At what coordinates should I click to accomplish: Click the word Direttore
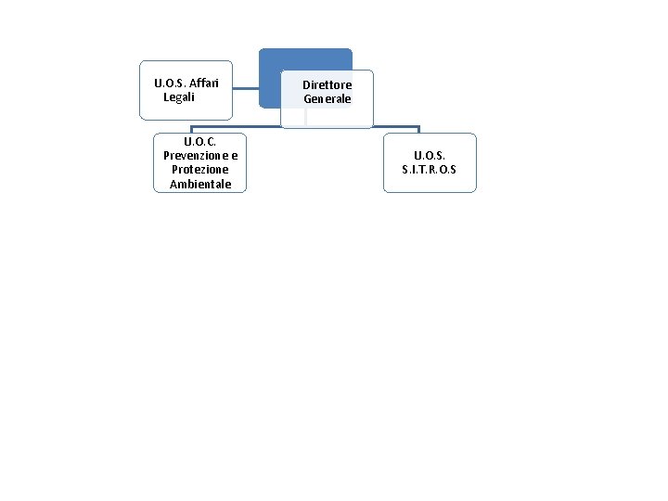[x=327, y=84]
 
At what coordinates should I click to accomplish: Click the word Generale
[x=327, y=98]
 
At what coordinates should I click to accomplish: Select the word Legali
[x=178, y=96]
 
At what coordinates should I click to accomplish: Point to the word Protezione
[x=199, y=170]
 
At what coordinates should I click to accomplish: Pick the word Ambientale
[x=199, y=185]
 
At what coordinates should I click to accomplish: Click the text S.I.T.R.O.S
[x=429, y=170]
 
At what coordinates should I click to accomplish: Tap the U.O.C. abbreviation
[x=199, y=141]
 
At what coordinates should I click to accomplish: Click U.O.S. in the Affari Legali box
[x=170, y=83]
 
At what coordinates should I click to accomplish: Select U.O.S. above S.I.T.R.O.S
[x=429, y=155]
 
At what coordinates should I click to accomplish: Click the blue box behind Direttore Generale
[x=305, y=58]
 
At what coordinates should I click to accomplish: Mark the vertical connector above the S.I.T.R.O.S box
[x=418, y=130]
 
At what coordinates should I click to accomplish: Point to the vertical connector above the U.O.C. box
[x=192, y=130]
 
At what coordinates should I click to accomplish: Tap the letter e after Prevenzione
[x=234, y=155]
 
